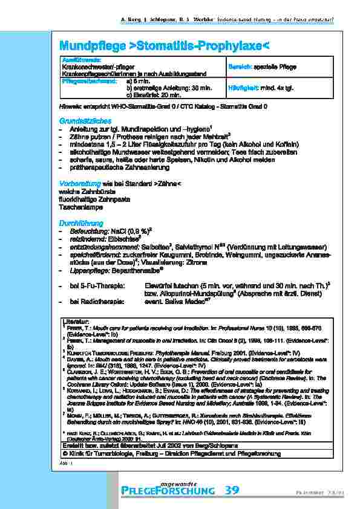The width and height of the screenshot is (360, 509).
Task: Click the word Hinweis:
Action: click(x=69, y=106)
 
